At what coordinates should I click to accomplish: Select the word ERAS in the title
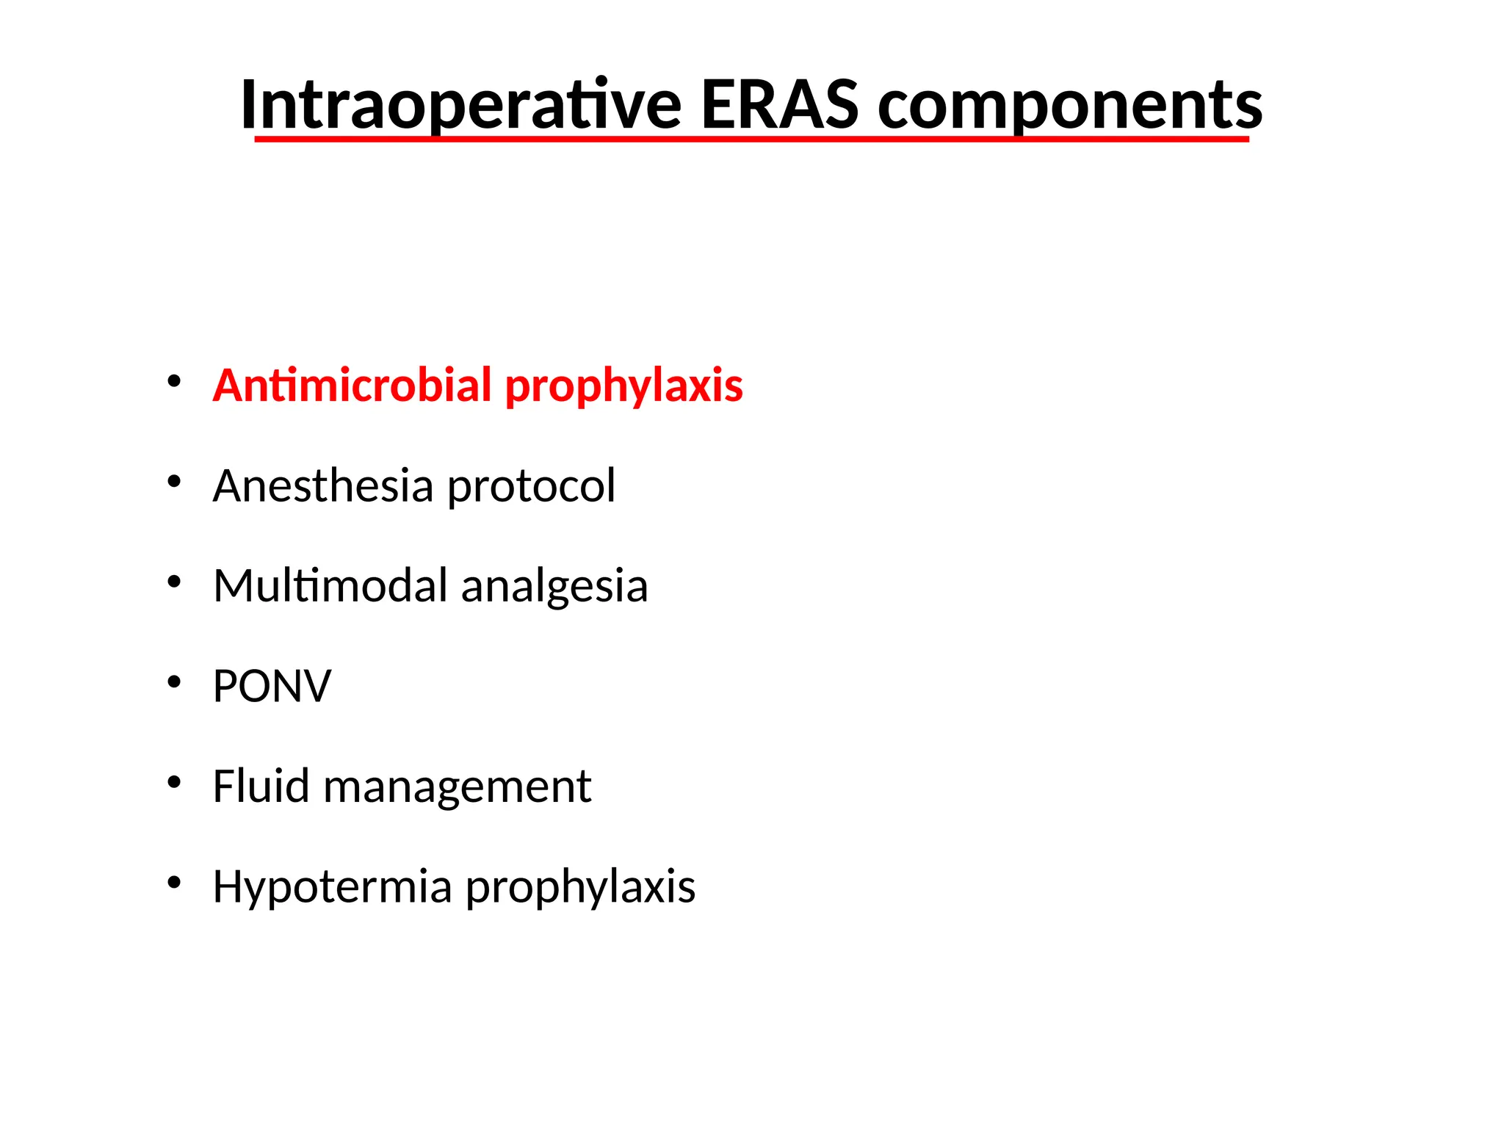coord(779,104)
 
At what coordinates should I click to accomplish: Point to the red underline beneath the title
coord(751,138)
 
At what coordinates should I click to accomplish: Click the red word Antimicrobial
coord(352,385)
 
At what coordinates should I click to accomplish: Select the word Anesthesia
coord(323,485)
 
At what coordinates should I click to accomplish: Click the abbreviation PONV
coord(272,686)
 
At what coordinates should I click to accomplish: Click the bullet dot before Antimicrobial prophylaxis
coord(174,381)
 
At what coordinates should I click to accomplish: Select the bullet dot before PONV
coord(174,682)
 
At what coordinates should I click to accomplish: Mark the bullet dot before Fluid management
coord(174,782)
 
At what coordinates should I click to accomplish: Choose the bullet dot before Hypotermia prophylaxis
coord(174,882)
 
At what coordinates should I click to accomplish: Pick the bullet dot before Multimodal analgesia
coord(174,582)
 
